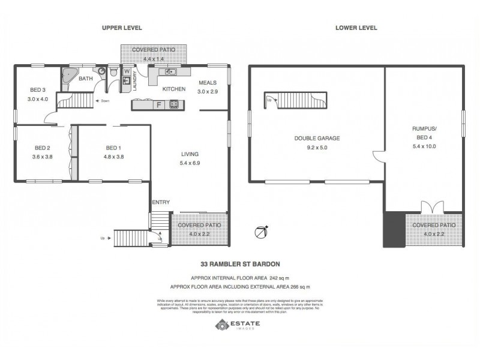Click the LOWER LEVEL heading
coord(356,27)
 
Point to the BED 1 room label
coord(114,148)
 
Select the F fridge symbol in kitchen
coord(158,104)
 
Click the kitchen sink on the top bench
coord(170,72)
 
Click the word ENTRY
coord(161,202)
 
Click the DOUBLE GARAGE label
coord(317,138)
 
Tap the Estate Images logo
coord(238,325)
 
